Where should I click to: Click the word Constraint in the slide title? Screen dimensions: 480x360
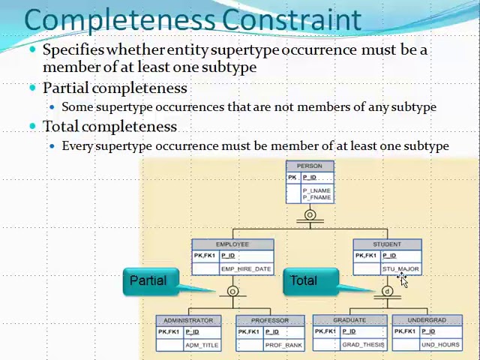[x=292, y=19]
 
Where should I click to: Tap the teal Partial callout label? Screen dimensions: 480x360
[x=148, y=280]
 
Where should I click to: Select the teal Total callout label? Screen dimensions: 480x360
[x=304, y=280]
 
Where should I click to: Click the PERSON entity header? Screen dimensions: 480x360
[x=310, y=166]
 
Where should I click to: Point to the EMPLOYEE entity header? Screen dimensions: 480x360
[x=232, y=244]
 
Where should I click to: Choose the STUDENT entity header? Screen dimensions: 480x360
[x=387, y=244]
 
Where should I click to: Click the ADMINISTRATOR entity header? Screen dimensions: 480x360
[x=188, y=320]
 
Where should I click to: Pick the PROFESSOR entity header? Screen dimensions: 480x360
[x=270, y=320]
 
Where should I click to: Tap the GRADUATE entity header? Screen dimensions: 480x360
[x=349, y=320]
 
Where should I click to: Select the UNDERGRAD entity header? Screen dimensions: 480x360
[x=427, y=320]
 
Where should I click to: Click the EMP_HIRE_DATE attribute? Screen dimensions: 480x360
[x=246, y=268]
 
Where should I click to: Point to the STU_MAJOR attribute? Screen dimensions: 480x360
[x=400, y=268]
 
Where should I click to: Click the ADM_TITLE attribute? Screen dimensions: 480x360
[x=202, y=345]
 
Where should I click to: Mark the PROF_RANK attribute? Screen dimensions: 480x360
[x=283, y=345]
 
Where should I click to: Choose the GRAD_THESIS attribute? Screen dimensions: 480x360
[x=363, y=345]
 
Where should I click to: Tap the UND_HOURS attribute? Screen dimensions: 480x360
[x=440, y=345]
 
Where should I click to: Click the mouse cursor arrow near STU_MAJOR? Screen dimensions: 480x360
[x=403, y=280]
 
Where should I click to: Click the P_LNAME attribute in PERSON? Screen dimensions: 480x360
[x=316, y=190]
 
